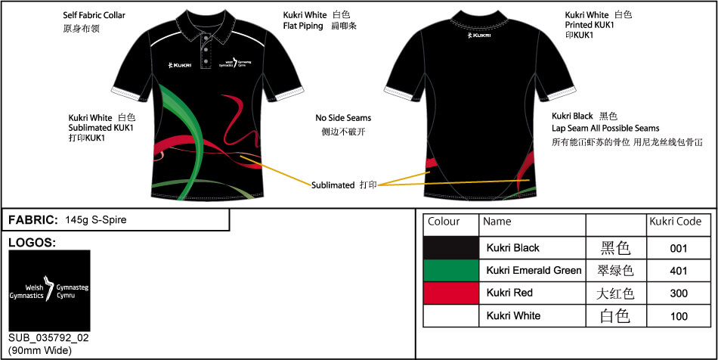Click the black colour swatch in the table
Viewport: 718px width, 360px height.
(x=451, y=248)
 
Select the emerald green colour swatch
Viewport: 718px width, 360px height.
(x=451, y=270)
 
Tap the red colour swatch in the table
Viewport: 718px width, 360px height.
(x=451, y=293)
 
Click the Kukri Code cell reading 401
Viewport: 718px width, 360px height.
(x=679, y=270)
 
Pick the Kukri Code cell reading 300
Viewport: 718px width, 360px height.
(x=679, y=293)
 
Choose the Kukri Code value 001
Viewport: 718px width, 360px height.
(x=679, y=248)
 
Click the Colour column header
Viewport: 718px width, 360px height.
(x=444, y=222)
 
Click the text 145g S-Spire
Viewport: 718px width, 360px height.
(x=96, y=220)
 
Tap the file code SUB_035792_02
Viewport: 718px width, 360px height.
(x=45, y=338)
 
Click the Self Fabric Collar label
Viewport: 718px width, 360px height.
(x=94, y=15)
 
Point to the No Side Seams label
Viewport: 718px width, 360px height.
(x=343, y=118)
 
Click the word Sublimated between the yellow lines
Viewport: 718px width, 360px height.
(x=333, y=185)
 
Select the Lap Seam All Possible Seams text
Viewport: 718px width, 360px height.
(x=605, y=129)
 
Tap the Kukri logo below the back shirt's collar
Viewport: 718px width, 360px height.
(x=481, y=35)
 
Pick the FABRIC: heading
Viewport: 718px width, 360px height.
(x=32, y=220)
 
